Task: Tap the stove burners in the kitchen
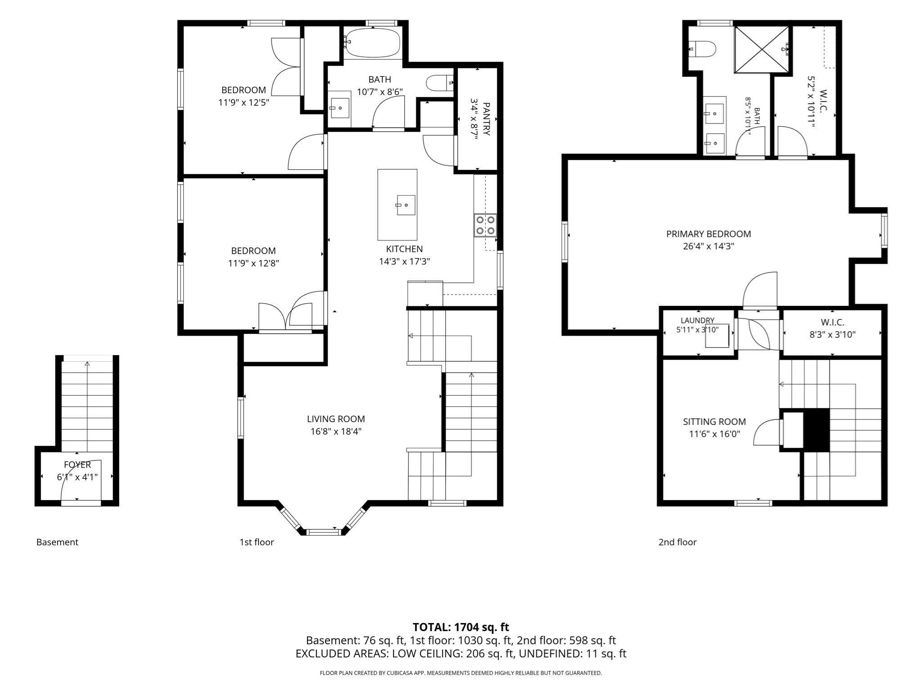(485, 225)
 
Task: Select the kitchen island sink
(406, 205)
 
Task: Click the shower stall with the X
(762, 49)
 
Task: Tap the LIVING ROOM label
(336, 419)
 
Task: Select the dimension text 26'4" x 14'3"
(709, 246)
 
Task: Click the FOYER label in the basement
(77, 464)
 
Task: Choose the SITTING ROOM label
(714, 422)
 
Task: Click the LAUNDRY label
(697, 320)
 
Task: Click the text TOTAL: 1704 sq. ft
(461, 627)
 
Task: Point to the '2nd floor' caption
(677, 542)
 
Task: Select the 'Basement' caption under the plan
(57, 542)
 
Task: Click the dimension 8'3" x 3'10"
(832, 335)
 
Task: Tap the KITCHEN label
(404, 249)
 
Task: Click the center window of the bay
(323, 532)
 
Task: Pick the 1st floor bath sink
(340, 108)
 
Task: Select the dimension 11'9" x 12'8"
(253, 263)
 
